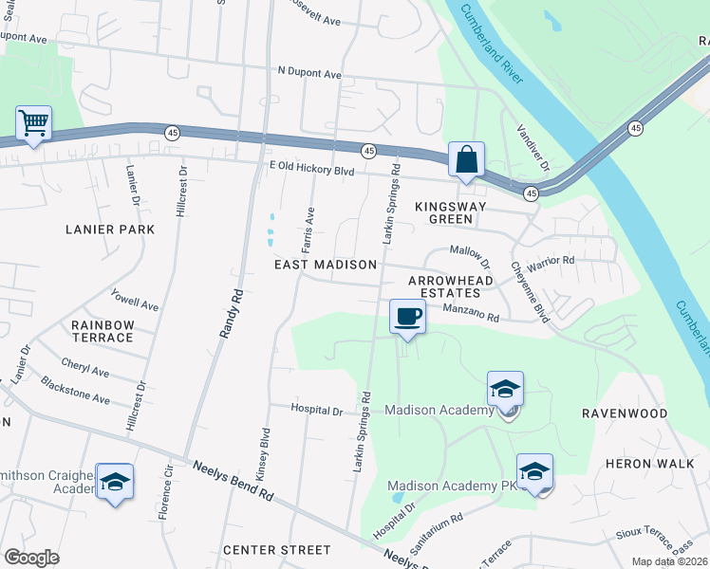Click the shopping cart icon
pos(33,123)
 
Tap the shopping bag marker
pos(466,159)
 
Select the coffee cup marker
pos(407,317)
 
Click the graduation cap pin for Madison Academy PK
pos(534,472)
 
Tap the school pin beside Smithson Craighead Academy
pos(114,482)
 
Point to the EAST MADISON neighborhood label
pos(326,265)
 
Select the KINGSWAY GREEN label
pos(451,212)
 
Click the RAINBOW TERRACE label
pos(103,331)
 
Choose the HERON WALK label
pos(644,464)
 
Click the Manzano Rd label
pos(471,314)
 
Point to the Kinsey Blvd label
pos(265,455)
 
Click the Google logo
pos(31,557)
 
